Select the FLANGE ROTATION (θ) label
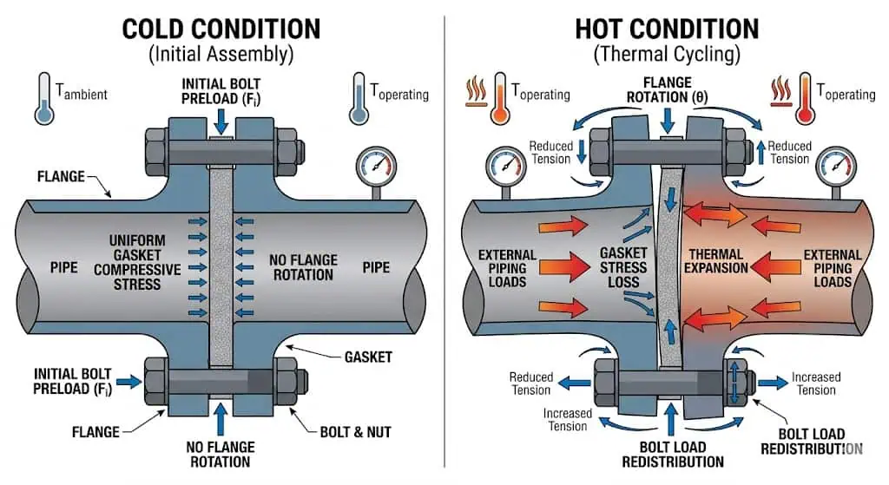667,89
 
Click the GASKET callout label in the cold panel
367,357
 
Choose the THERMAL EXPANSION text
718,261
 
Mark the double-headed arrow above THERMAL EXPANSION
716,213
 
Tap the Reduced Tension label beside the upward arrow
788,153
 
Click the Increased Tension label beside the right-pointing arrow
815,383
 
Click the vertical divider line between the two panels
444,243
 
